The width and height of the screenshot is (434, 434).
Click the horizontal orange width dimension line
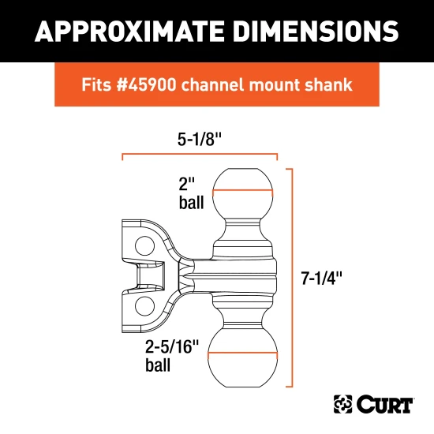coord(200,157)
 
